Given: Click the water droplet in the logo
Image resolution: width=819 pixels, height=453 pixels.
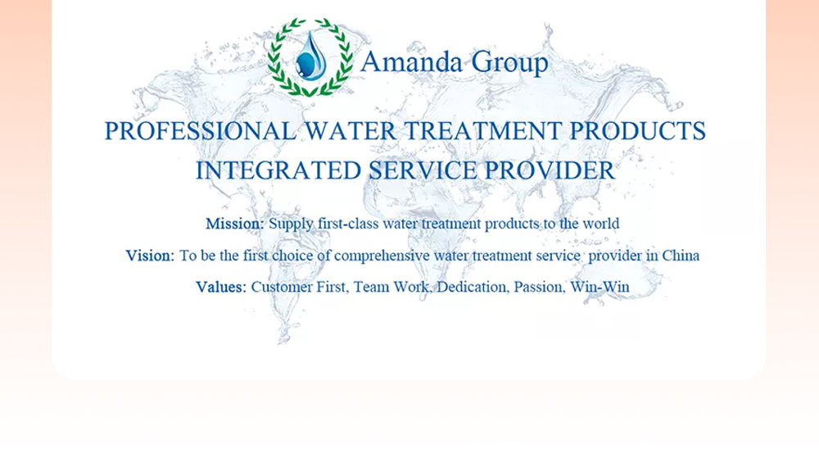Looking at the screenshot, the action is pos(312,56).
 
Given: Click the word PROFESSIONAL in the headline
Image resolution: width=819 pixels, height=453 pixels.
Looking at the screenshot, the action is pos(201,130).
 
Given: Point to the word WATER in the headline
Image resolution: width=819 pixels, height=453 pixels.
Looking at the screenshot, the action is pos(350,130).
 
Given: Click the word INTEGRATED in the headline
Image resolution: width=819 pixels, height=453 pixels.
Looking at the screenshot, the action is pos(278,170).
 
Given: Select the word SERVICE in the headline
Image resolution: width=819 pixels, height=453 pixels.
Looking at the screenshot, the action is pos(423,170).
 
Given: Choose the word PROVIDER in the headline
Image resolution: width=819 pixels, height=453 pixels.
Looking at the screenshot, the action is pos(550,170).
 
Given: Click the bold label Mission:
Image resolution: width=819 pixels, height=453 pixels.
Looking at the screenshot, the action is pos(235,224).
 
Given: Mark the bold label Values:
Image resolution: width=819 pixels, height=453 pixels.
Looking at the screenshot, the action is pos(221,287).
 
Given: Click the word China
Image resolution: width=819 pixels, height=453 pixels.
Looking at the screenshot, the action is pos(681,256).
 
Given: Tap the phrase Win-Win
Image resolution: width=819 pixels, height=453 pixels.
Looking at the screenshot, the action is pos(600,287).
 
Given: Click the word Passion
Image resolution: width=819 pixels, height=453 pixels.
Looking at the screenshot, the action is pos(539,287).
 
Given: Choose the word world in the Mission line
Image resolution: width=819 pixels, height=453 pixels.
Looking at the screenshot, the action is pos(600,224).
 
